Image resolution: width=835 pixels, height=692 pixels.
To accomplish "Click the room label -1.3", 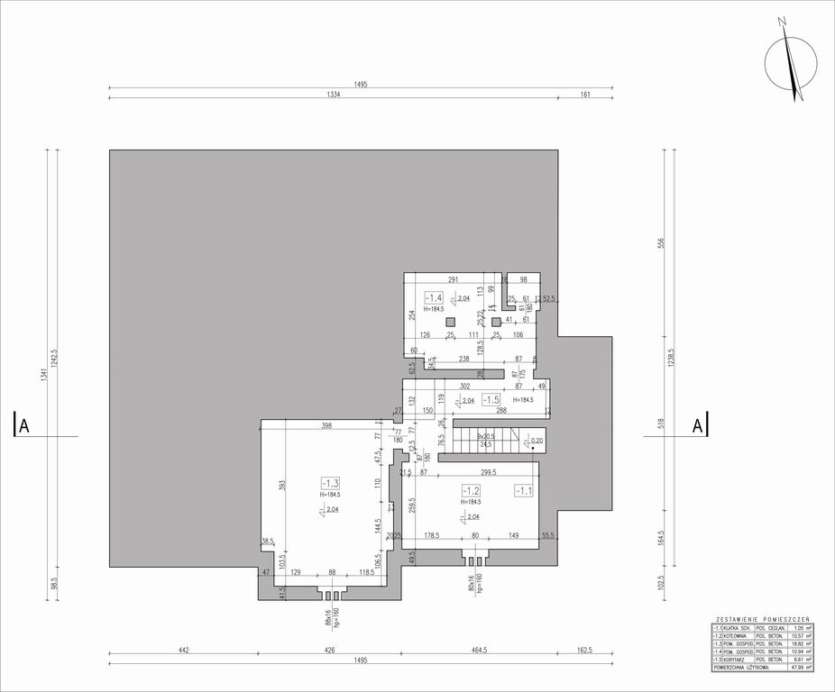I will pos(329,483).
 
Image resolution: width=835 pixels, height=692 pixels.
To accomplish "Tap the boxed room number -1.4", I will pos(435,298).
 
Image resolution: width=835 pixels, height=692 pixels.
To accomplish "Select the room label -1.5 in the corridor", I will pos(491,399).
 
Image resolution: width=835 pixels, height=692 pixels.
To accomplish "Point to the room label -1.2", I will pos(471,490).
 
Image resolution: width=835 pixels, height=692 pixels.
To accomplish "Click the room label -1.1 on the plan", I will pos(524,490).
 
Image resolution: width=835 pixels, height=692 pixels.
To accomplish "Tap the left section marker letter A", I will pos(24,426).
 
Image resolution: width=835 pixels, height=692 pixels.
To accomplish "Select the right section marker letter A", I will pos(697,426).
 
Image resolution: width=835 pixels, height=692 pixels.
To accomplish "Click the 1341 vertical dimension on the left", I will pos(47,378).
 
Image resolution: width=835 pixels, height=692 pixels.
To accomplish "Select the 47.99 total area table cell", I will pos(795,668).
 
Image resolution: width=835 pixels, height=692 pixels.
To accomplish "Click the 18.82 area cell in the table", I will pos(795,643).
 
